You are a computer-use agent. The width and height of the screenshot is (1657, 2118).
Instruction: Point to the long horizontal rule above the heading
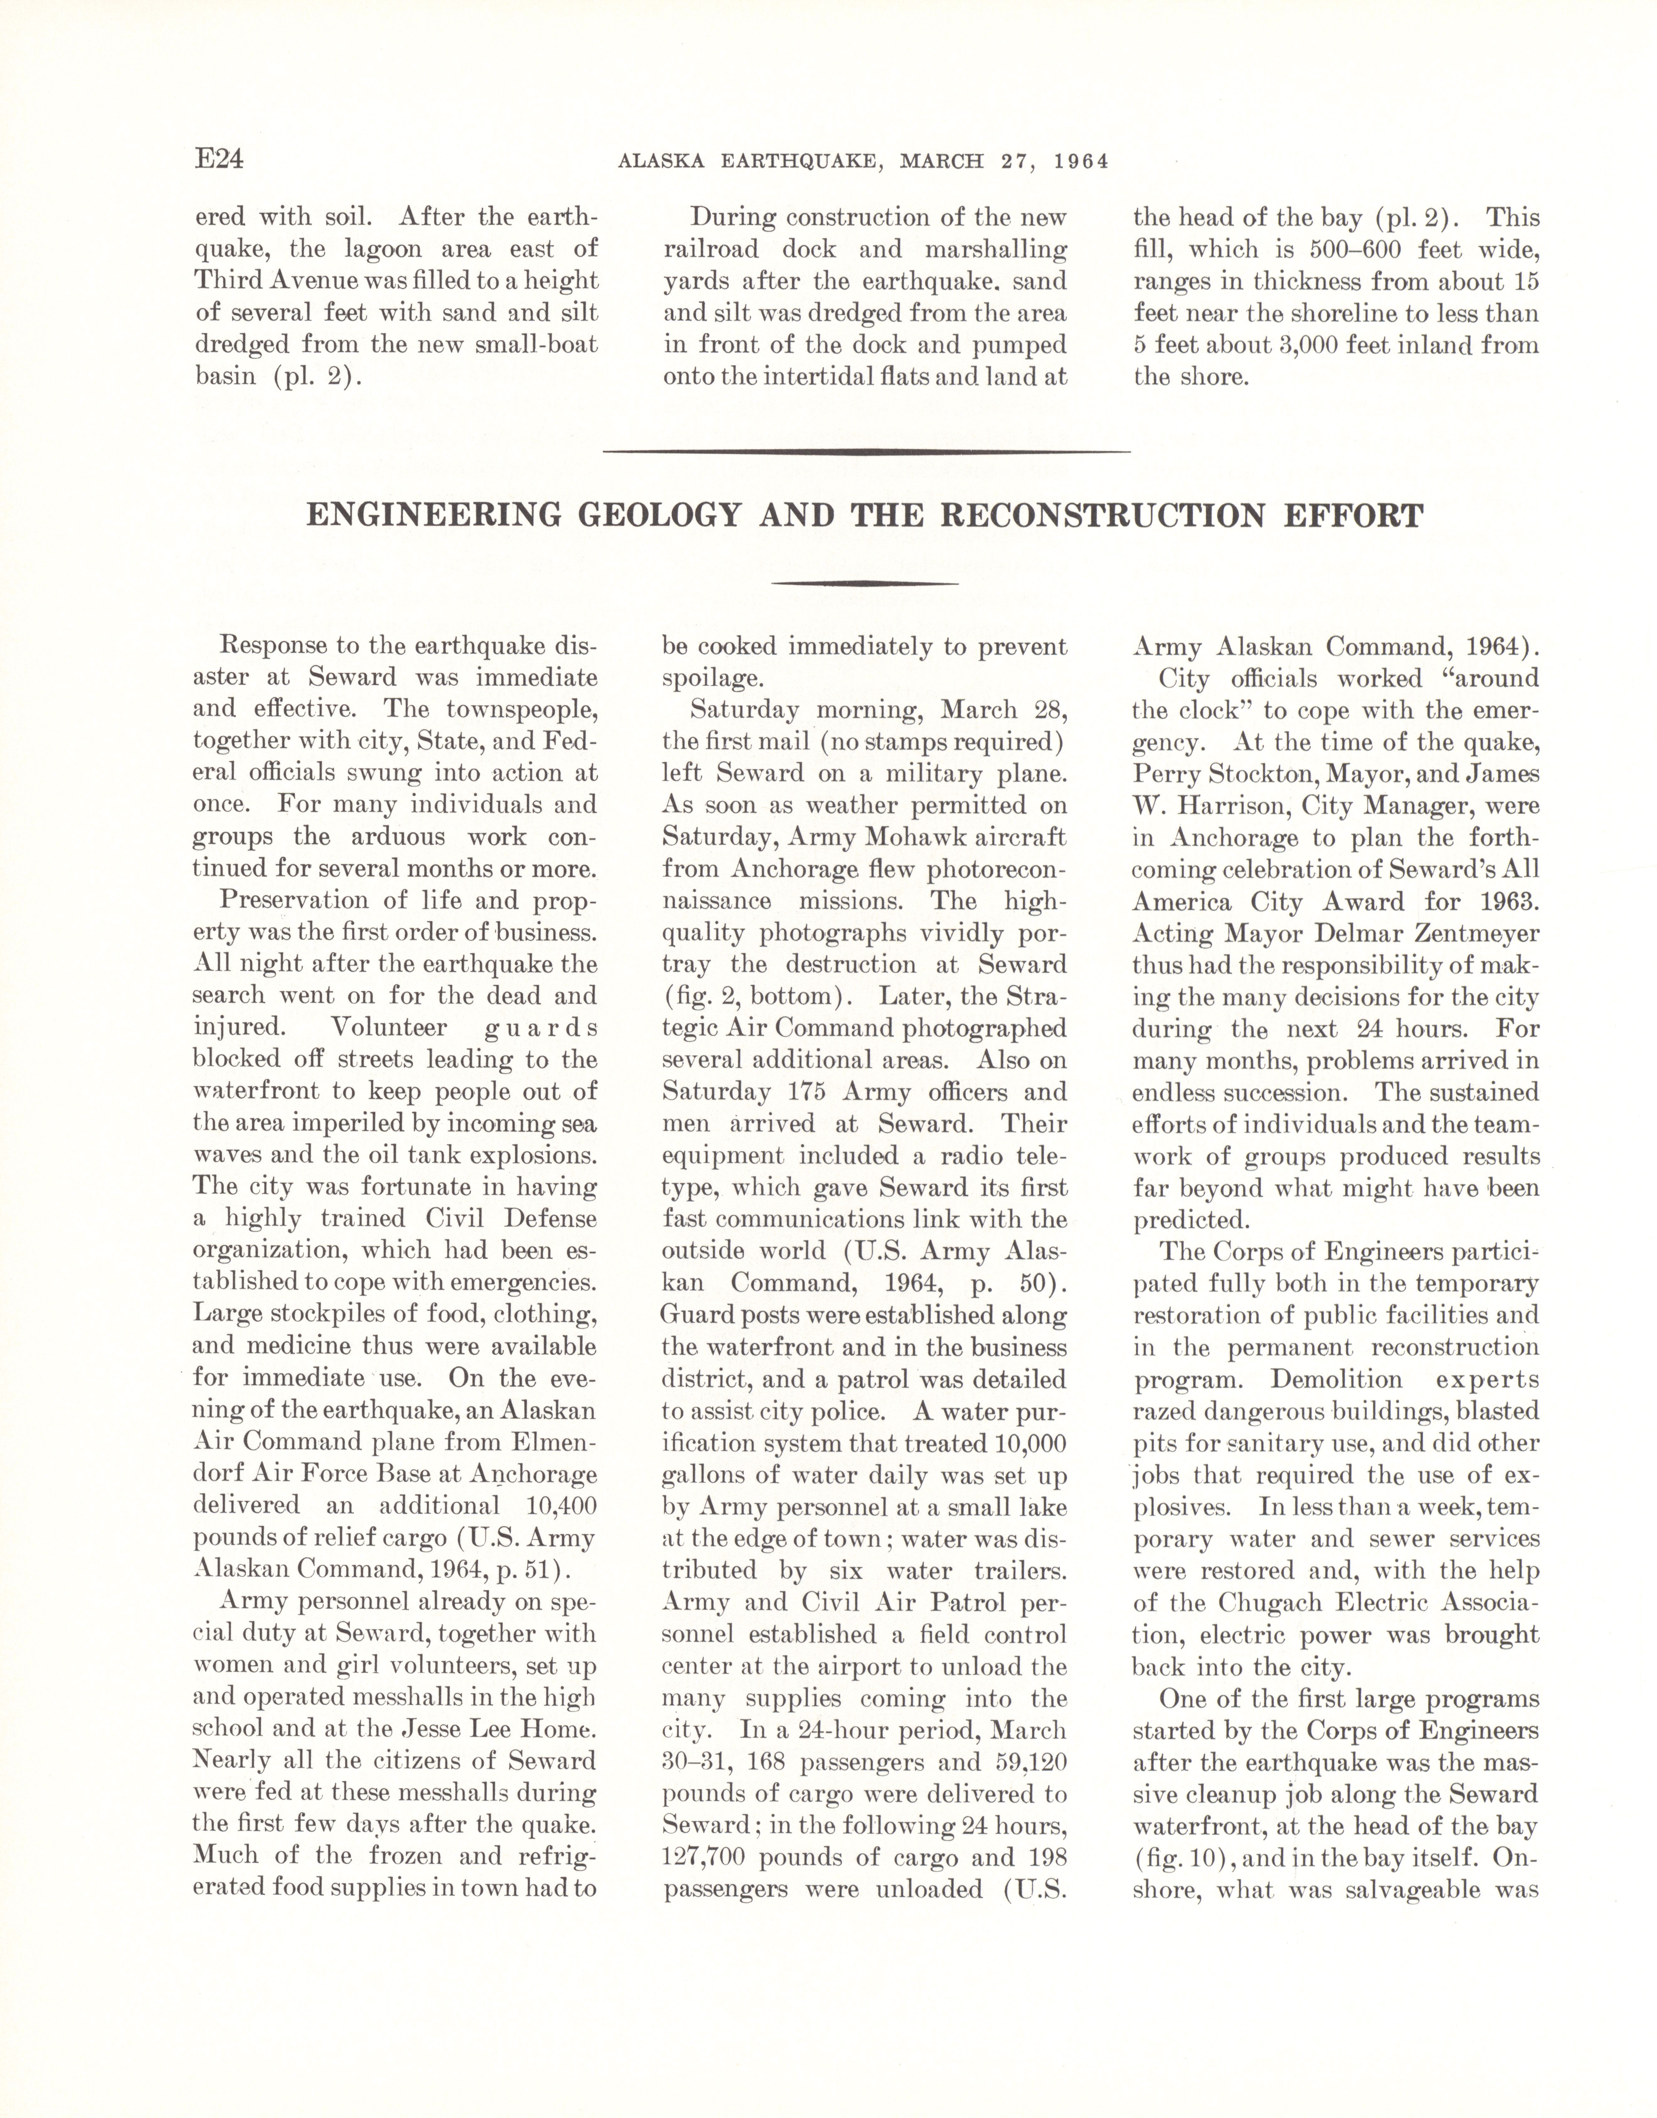[866, 451]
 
